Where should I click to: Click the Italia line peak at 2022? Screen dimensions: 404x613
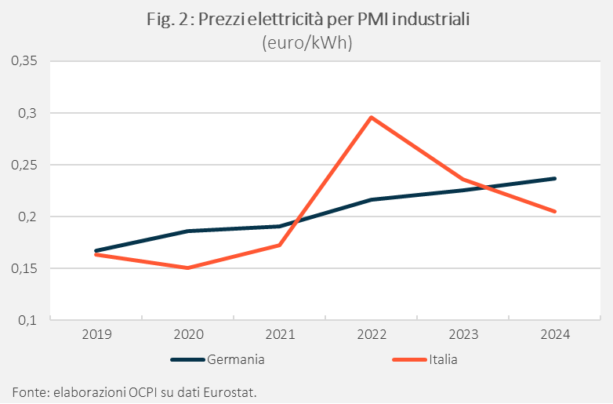(371, 118)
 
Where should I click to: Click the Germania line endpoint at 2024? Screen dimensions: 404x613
(555, 178)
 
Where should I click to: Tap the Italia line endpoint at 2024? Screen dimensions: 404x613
(555, 211)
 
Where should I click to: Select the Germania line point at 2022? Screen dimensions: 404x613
(371, 200)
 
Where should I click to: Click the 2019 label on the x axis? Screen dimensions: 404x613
(96, 334)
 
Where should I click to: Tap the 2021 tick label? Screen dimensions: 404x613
(280, 334)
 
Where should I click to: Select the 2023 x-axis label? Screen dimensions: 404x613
(463, 334)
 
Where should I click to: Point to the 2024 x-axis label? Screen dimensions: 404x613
(555, 334)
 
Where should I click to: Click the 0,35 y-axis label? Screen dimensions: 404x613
(25, 60)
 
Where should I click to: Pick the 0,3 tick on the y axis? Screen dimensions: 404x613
(28, 113)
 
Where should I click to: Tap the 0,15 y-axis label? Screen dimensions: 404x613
(25, 268)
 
